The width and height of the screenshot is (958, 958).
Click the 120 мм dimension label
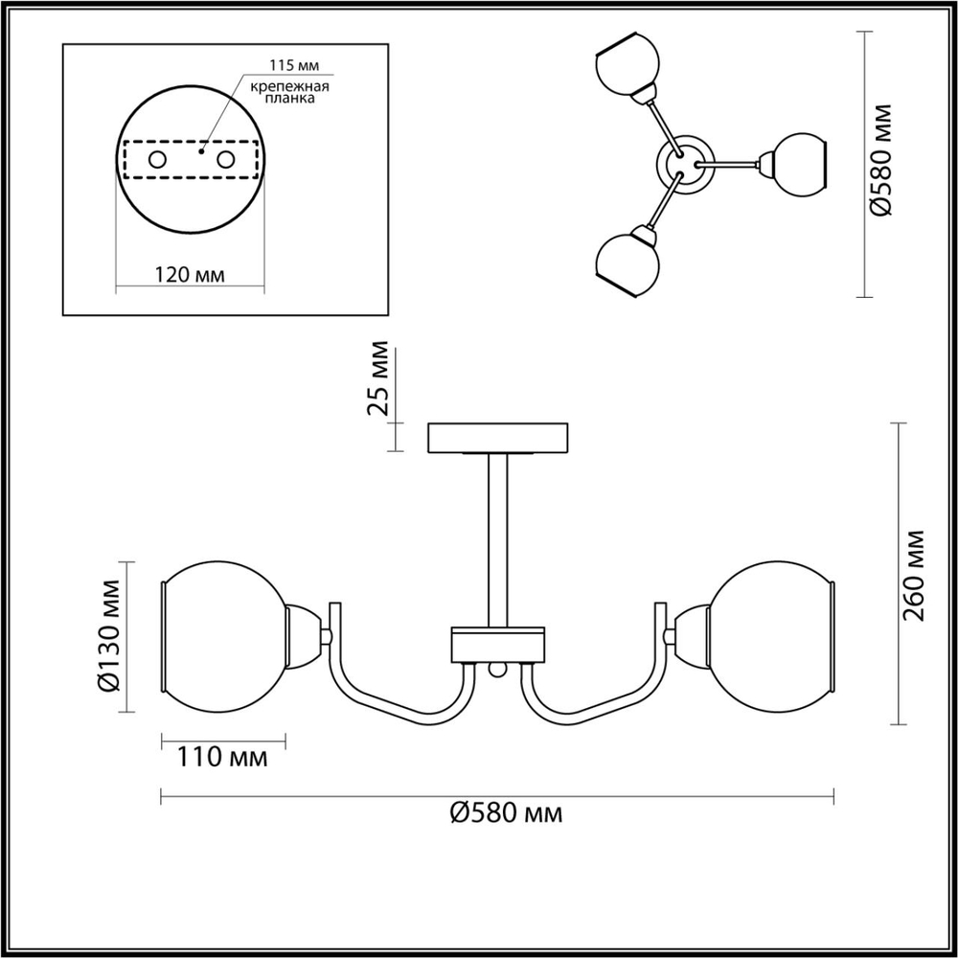189,275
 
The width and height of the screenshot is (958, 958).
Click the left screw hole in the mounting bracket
156,160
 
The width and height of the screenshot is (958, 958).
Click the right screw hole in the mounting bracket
226,160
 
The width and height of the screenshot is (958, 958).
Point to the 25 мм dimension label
379,376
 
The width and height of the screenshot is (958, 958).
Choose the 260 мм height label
917,575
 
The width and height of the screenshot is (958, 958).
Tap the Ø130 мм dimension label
111,635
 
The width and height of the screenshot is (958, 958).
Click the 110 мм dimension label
221,758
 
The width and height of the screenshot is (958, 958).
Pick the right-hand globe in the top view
797,164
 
